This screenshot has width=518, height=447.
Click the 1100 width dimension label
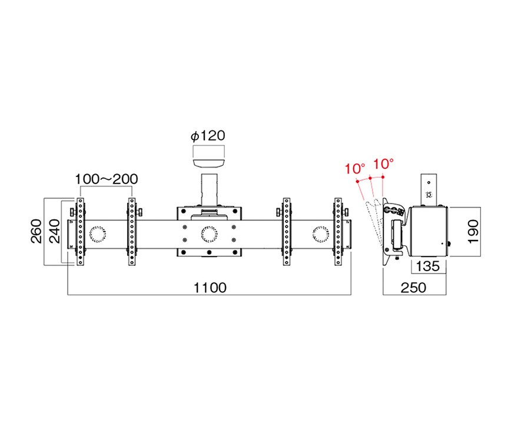point(210,288)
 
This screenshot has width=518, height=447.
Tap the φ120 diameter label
point(208,136)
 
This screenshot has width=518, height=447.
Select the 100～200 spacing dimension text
point(107,179)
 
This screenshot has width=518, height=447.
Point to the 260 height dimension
point(36,231)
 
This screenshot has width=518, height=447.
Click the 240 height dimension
point(55,231)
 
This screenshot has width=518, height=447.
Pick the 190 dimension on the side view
point(473,232)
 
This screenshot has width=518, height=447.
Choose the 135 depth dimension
point(428,266)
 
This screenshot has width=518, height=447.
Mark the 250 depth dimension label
point(413,288)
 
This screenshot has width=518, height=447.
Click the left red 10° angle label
point(355,169)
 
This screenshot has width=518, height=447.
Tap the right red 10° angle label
point(383,164)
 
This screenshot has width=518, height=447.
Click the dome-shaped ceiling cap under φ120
point(209,164)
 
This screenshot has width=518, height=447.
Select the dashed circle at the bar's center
point(210,235)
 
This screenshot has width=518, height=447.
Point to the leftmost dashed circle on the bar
point(98,235)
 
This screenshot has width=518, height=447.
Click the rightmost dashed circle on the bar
point(321,235)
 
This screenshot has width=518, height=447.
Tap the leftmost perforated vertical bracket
point(80,231)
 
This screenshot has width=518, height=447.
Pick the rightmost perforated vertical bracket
point(338,231)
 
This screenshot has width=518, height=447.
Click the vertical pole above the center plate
point(209,190)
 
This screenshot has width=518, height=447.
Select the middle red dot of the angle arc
point(370,178)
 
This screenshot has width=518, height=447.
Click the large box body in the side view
point(428,231)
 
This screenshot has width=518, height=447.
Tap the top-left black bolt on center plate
point(184,211)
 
